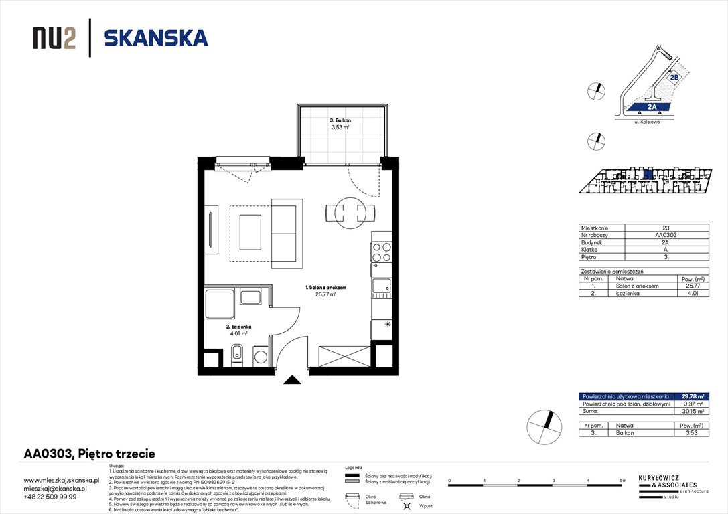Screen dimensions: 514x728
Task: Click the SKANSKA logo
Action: click(x=156, y=38)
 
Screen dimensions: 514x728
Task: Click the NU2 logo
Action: click(x=54, y=38)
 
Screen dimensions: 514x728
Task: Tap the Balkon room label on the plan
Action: click(x=340, y=124)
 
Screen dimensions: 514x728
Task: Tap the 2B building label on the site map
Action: click(x=674, y=78)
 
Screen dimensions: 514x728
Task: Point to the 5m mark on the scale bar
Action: click(x=623, y=481)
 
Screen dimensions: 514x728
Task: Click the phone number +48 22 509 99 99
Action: click(x=50, y=497)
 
